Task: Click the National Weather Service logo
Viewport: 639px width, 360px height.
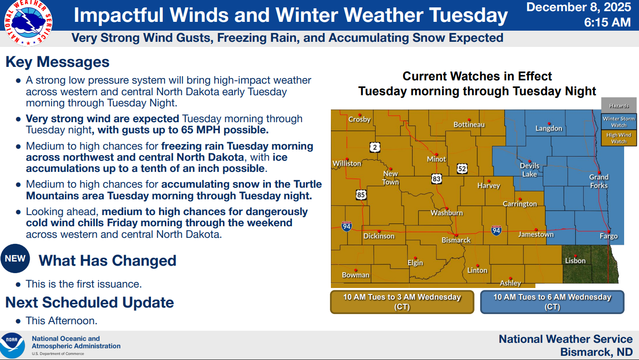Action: point(28,23)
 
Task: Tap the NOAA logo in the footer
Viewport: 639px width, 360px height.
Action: point(12,346)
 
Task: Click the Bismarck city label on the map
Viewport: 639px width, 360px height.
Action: point(456,240)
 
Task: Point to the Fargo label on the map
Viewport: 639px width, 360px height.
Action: point(608,236)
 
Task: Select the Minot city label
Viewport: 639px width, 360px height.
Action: point(436,159)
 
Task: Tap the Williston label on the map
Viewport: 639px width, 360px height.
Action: point(347,164)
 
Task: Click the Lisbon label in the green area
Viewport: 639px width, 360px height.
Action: point(575,261)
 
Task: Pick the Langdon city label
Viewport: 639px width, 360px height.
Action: point(548,128)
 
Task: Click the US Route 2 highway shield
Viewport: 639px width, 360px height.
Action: point(375,147)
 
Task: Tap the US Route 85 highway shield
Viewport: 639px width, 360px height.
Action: point(361,195)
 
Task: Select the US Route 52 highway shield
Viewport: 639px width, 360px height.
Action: point(462,169)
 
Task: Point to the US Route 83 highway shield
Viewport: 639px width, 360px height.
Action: point(436,179)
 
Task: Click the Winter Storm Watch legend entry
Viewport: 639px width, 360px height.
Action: point(619,122)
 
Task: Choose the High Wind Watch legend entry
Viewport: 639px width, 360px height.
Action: point(619,138)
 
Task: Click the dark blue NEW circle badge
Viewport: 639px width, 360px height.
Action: point(15,258)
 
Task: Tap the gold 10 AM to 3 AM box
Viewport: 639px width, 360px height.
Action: point(402,302)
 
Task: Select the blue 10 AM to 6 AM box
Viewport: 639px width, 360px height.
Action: point(552,302)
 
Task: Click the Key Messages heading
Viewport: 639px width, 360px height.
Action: point(57,62)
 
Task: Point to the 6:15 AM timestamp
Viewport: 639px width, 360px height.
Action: point(607,22)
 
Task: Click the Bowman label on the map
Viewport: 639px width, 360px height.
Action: point(356,275)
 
